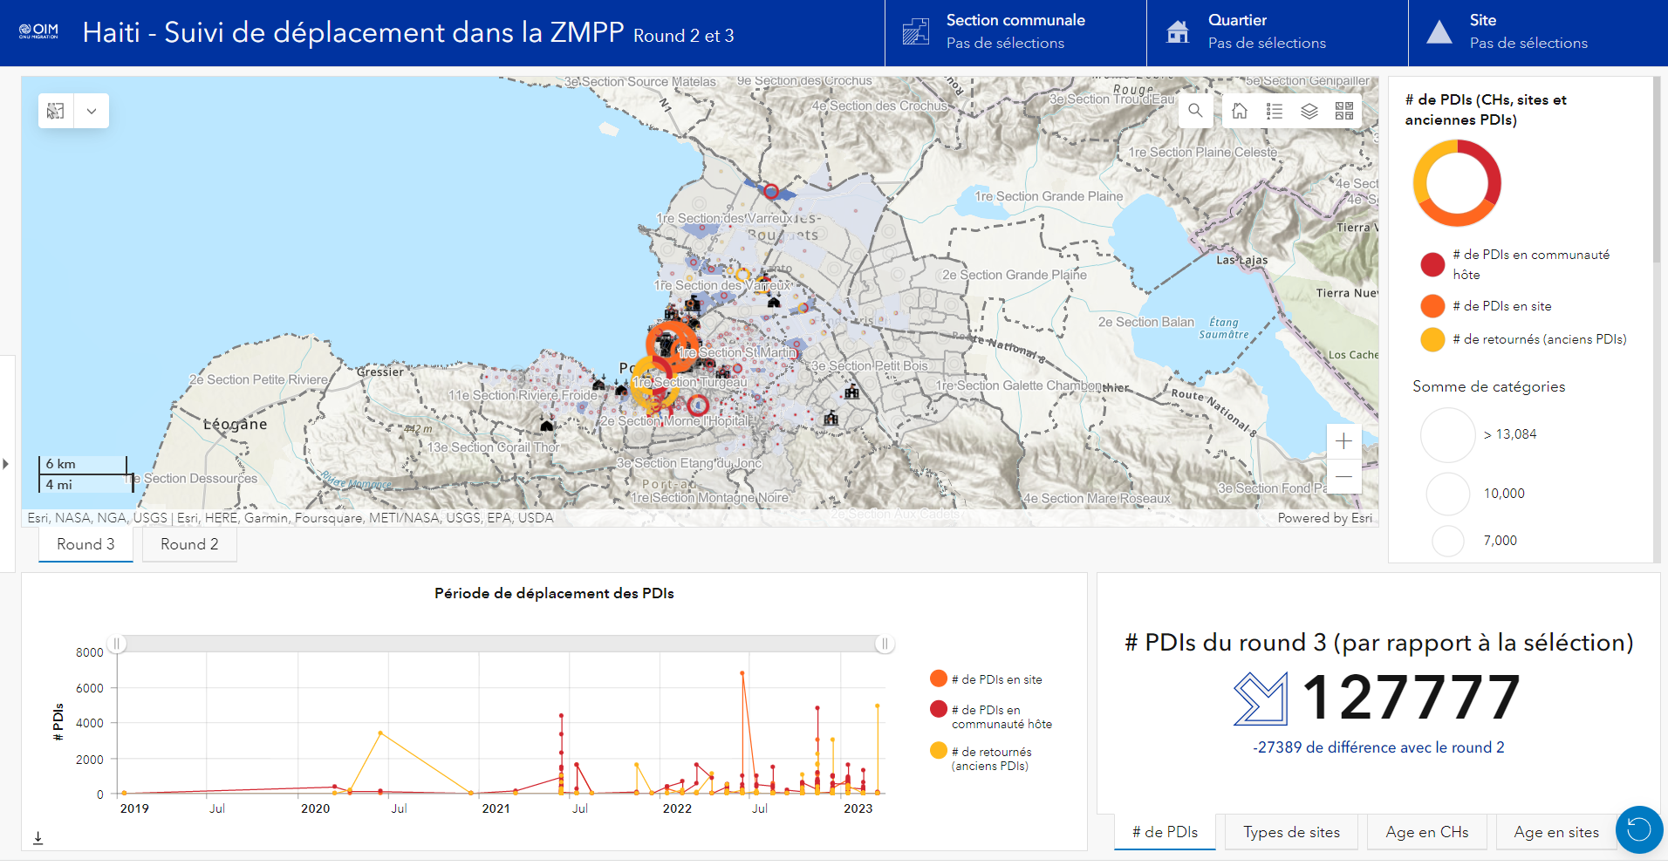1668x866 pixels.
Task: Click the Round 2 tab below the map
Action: [x=189, y=544]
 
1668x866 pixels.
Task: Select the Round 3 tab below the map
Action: [x=85, y=544]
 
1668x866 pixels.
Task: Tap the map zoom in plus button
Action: [x=1343, y=441]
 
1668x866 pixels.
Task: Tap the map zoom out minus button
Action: [x=1343, y=476]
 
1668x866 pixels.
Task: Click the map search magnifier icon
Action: [x=1195, y=111]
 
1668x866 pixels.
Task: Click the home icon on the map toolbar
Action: [x=1240, y=111]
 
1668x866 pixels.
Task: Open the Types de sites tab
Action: [x=1291, y=832]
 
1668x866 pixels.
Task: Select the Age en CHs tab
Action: [x=1426, y=832]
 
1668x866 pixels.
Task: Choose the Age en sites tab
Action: [x=1555, y=832]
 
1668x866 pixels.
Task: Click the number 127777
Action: [x=1411, y=698]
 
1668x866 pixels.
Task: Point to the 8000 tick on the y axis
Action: [x=90, y=652]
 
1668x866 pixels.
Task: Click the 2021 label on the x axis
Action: [x=496, y=808]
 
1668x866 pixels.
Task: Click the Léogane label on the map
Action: [x=236, y=425]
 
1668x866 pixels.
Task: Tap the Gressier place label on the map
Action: [x=380, y=372]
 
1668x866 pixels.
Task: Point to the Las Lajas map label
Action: [x=1241, y=260]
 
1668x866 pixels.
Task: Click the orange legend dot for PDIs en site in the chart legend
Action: [x=939, y=678]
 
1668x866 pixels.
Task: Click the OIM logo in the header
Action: [x=38, y=32]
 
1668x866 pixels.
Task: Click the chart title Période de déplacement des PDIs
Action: [x=554, y=593]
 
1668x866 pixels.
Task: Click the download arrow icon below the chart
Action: [x=38, y=838]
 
